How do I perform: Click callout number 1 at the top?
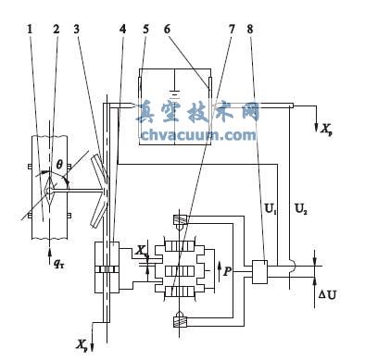click(30, 30)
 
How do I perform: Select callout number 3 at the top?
click(77, 30)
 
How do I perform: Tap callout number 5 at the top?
click(145, 30)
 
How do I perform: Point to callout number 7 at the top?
click(232, 30)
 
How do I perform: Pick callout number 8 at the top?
click(250, 30)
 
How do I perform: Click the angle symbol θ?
click(59, 165)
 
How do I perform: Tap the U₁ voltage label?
click(271, 210)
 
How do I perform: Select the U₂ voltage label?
click(301, 210)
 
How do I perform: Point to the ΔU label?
click(328, 295)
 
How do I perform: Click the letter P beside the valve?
click(227, 272)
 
